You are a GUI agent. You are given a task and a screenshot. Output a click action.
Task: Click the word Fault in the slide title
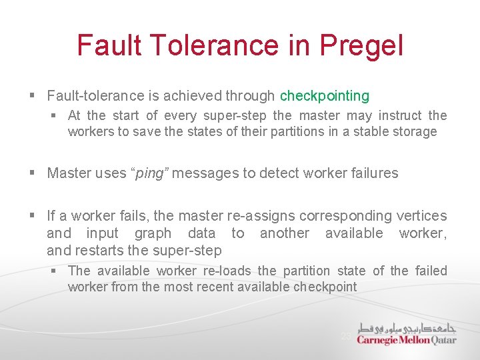tap(109, 45)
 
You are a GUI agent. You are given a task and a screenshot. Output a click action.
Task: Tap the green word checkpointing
tap(324, 96)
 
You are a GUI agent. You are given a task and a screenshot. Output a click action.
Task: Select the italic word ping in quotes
tap(150, 173)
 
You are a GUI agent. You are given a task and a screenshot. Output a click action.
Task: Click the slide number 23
tap(346, 336)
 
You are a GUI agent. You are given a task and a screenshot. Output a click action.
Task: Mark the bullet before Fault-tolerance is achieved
tap(33, 97)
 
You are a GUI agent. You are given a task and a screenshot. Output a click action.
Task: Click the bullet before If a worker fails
tap(33, 216)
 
